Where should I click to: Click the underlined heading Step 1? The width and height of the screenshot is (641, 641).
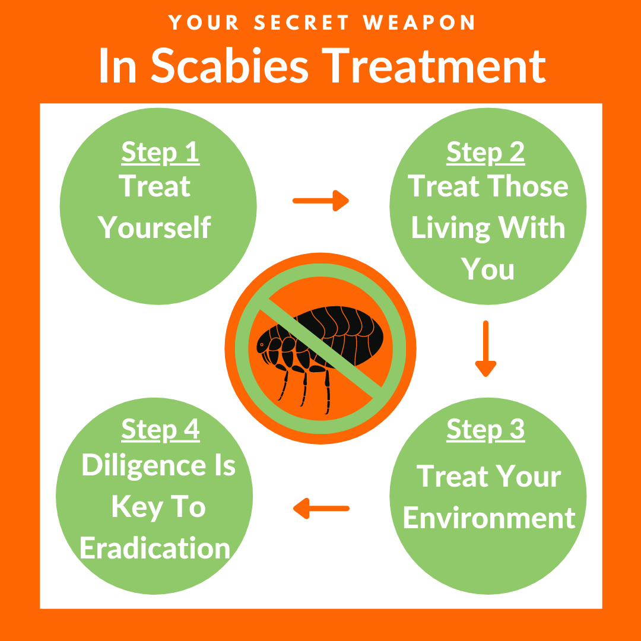point(160,153)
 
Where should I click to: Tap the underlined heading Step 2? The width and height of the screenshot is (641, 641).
point(485,153)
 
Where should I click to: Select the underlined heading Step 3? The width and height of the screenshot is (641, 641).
point(485,430)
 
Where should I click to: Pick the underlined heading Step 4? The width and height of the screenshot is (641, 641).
point(160,430)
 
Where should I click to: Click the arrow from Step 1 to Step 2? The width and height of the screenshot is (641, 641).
point(320,201)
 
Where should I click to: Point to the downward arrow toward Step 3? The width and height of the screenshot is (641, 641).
point(485,348)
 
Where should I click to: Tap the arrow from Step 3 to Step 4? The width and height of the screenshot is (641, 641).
point(321,509)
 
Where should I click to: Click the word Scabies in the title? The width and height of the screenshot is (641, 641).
point(230,65)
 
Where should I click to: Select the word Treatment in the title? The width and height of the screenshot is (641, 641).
point(434,65)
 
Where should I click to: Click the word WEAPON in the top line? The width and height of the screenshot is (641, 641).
point(419,22)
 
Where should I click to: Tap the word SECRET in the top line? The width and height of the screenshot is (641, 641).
point(302,22)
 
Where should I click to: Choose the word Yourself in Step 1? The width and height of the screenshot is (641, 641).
point(154,227)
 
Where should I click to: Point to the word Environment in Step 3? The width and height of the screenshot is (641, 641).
point(489,518)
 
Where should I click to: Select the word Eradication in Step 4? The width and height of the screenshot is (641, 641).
point(155,548)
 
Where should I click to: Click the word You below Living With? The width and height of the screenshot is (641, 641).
point(487,269)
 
